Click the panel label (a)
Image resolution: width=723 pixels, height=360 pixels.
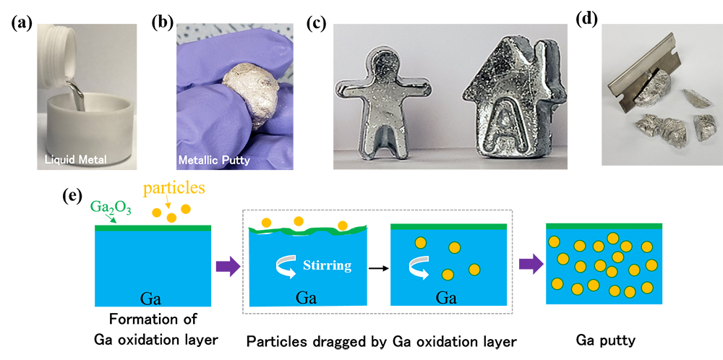pos(18,22)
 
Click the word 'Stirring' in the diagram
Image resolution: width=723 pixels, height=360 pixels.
pos(328,265)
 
